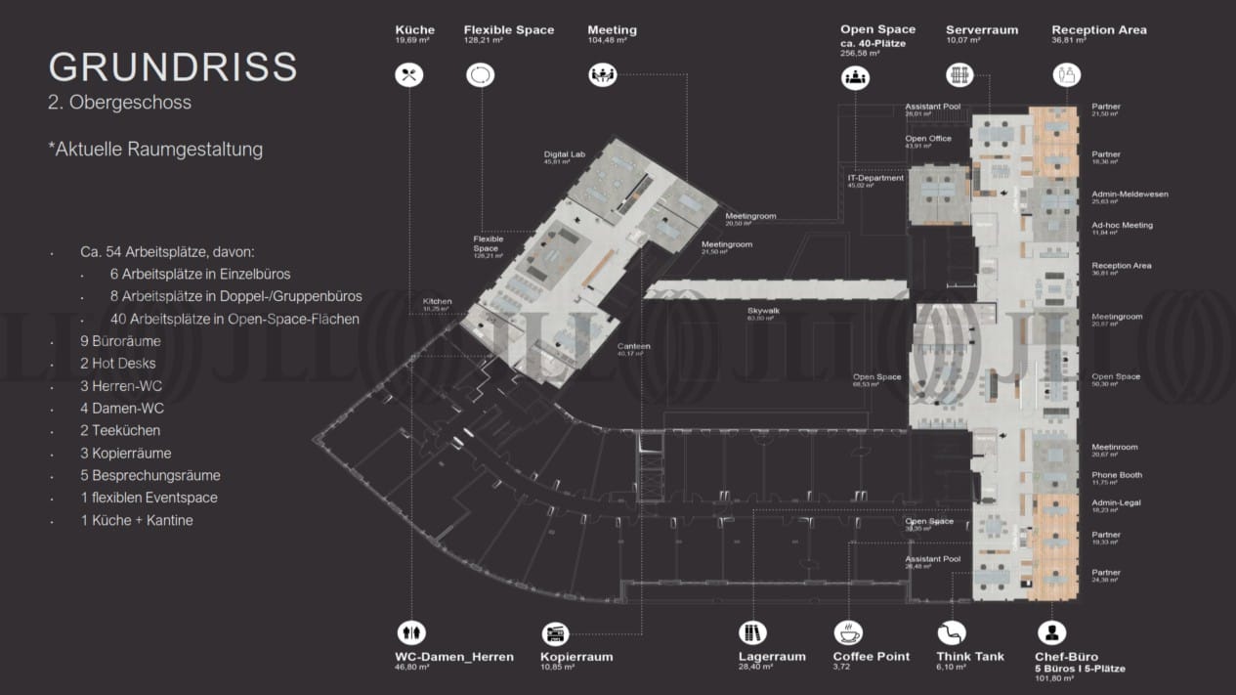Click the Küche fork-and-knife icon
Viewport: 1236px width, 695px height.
click(408, 74)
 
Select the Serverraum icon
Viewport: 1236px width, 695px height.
click(960, 74)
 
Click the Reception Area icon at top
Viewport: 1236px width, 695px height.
click(1066, 74)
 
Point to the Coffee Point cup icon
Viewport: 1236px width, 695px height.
click(847, 631)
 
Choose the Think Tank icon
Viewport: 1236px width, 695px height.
click(951, 631)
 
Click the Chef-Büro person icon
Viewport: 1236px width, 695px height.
click(1051, 631)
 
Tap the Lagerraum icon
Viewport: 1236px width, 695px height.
click(751, 631)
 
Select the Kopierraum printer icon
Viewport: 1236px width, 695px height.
click(554, 631)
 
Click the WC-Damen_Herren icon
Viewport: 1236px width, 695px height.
click(410, 631)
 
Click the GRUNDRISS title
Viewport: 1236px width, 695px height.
click(173, 66)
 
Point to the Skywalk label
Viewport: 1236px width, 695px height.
click(763, 311)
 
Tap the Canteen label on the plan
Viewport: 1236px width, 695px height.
click(633, 346)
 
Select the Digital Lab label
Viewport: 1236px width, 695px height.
click(563, 154)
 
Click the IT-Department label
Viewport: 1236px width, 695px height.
click(875, 178)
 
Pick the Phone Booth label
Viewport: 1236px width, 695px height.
click(1116, 475)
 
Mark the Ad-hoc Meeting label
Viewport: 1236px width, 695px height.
click(1122, 225)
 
